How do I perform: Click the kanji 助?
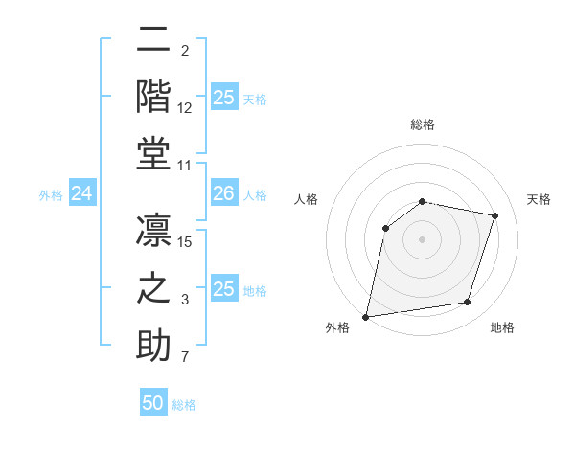(153, 347)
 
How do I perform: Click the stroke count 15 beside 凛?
(186, 242)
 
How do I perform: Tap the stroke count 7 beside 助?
(185, 359)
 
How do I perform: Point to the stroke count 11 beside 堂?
(186, 167)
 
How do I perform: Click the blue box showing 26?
(223, 194)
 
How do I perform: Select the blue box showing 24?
(81, 194)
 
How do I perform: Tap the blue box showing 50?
(153, 403)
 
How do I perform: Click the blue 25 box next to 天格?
(224, 98)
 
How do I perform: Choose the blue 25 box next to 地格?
(224, 289)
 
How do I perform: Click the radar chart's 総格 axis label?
(422, 125)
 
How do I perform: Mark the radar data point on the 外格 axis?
(366, 316)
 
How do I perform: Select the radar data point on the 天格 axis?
(495, 216)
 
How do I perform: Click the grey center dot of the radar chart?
(422, 238)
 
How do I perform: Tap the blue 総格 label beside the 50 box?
(184, 405)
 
